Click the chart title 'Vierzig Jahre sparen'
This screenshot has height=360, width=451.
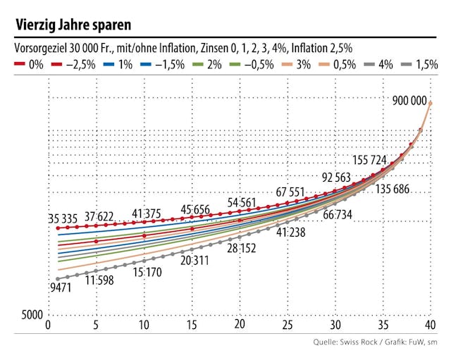tap(73, 25)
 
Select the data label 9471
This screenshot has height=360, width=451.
tap(62, 287)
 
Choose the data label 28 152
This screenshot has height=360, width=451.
tap(241, 248)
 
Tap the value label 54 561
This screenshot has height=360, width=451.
tap(242, 203)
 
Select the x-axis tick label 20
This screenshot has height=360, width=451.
tap(239, 325)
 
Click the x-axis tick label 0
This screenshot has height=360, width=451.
tap(47, 325)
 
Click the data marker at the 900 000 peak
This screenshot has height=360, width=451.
tap(430, 103)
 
